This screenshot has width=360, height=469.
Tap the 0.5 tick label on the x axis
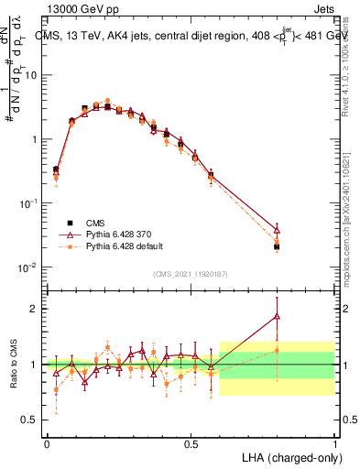(x=191, y=444)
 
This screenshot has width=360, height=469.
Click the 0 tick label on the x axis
(x=47, y=444)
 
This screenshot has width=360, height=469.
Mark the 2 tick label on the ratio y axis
(x=35, y=309)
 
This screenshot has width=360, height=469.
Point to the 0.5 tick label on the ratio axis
(x=31, y=420)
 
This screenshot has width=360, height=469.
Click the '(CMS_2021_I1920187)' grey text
(x=191, y=273)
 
